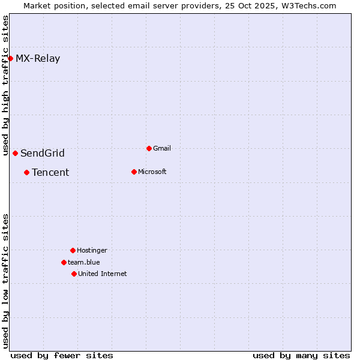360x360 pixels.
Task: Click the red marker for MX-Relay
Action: click(11, 58)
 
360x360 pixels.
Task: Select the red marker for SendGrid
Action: click(15, 153)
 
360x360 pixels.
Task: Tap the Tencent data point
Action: click(26, 172)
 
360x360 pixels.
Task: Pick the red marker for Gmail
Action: click(149, 148)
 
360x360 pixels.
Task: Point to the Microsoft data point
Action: click(134, 172)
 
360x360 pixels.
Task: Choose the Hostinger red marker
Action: click(73, 250)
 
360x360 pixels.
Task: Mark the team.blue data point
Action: click(64, 262)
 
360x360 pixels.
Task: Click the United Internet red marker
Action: click(74, 274)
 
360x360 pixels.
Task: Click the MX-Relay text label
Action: click(38, 59)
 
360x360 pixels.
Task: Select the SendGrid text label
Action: click(43, 154)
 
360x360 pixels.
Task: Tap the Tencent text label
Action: click(50, 173)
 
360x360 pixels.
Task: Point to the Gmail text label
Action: click(162, 148)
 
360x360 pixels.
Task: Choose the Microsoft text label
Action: click(152, 172)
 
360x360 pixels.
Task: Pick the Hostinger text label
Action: click(92, 250)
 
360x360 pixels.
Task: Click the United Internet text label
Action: click(103, 274)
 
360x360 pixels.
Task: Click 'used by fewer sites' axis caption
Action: click(62, 355)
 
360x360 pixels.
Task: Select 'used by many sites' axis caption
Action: click(301, 355)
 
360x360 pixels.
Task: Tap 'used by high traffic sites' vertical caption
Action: click(6, 86)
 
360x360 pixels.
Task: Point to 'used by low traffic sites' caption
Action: click(6, 281)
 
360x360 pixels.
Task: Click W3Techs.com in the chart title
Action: click(308, 5)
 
